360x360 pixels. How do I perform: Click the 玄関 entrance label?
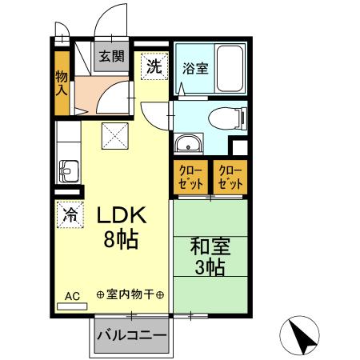pos(111,56)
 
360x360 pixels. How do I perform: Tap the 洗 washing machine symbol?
pos(153,67)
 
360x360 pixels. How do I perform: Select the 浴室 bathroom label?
pos(195,68)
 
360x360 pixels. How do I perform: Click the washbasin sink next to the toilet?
pos(189,145)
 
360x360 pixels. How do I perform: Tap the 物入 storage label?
pos(62,82)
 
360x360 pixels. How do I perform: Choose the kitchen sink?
pos(67,171)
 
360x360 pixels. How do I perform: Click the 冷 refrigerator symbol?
pos(70,214)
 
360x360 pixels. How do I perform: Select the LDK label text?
pos(121,215)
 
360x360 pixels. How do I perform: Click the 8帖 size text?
pos(122,238)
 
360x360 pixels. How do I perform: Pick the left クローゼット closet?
pos(190,177)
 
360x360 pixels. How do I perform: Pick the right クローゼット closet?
pos(230,177)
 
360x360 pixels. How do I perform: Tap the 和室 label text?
pos(210,245)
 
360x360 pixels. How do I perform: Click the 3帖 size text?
pos(210,266)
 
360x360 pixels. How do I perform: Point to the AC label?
pos(72,296)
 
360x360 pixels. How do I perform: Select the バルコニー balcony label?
pos(132,335)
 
